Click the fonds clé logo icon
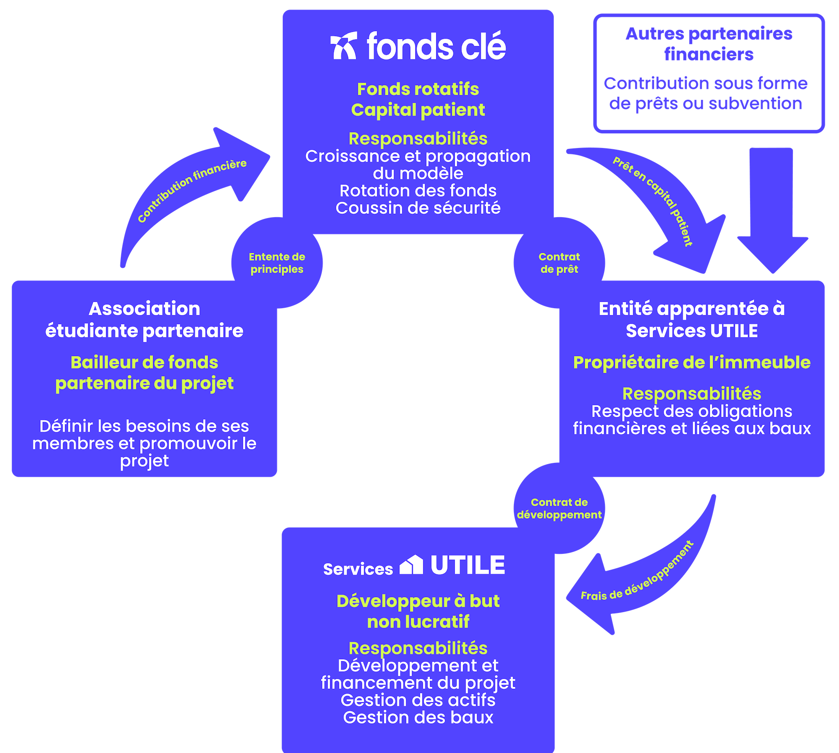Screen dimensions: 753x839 (344, 46)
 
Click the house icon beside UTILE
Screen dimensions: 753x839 (411, 565)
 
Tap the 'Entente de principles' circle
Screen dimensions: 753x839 (277, 263)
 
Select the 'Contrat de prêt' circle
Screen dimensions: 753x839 (559, 263)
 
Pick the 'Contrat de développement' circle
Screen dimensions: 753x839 (559, 509)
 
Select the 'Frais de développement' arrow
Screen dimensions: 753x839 (642, 583)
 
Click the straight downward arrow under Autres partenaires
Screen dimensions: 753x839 (772, 210)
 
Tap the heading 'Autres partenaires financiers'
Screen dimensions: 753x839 (709, 44)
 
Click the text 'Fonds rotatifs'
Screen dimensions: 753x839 (418, 89)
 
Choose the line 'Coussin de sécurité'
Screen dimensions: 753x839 (418, 208)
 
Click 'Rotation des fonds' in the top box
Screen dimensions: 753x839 (418, 191)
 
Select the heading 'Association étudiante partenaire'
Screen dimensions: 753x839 (144, 319)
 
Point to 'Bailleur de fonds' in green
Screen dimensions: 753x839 (144, 363)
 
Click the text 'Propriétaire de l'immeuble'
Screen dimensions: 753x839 (691, 363)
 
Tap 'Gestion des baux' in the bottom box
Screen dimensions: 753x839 (418, 717)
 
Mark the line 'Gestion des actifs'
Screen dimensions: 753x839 (418, 700)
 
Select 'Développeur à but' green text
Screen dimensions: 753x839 (418, 601)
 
